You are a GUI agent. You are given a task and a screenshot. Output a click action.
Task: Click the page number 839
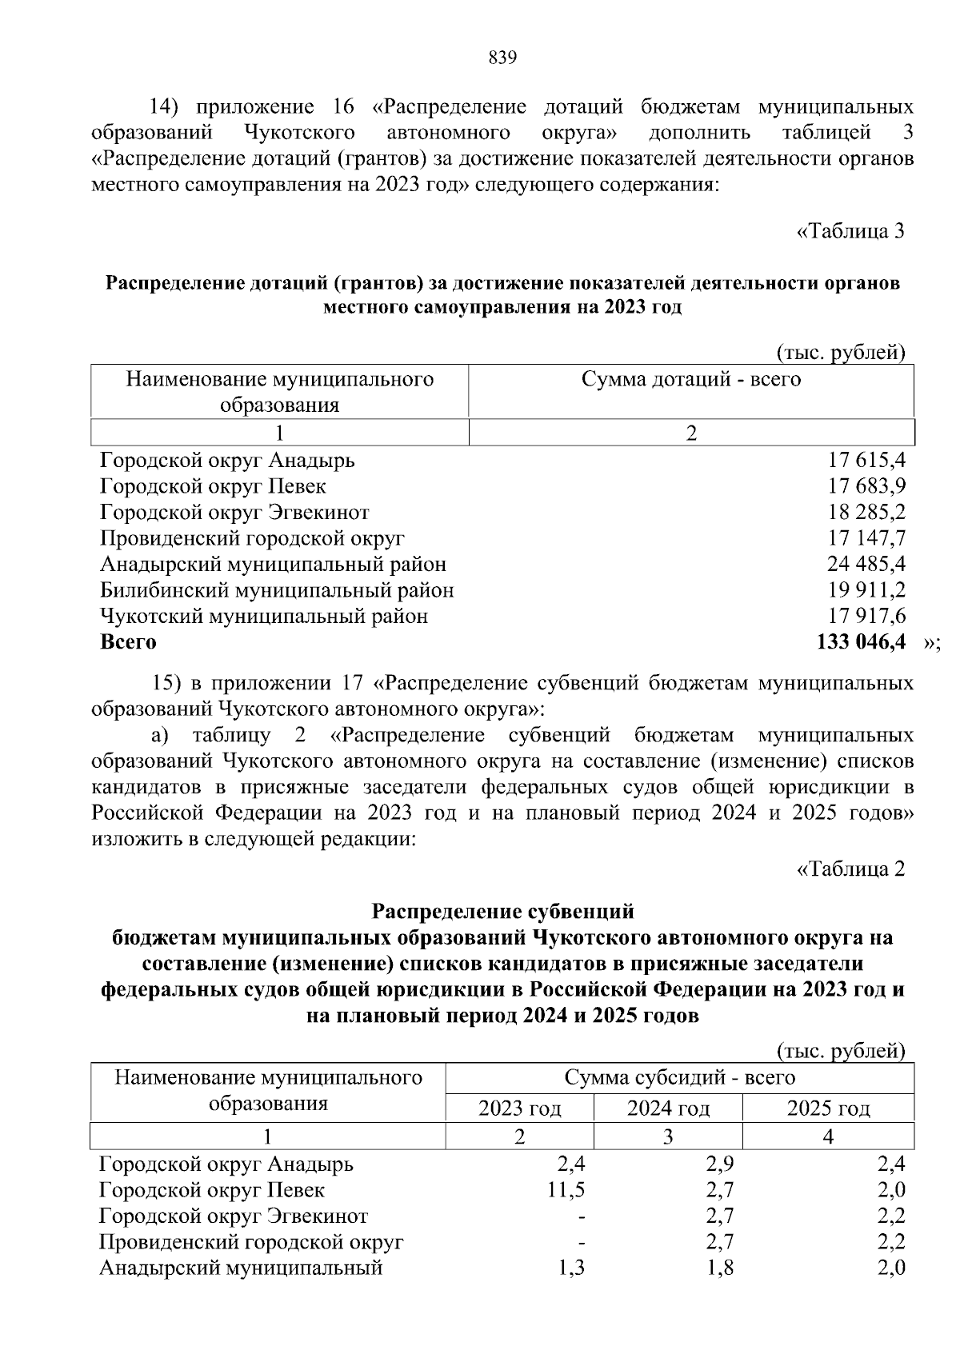click(502, 58)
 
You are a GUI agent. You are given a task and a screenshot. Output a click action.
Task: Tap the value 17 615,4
click(866, 461)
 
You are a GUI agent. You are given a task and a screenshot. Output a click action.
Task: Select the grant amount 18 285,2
click(866, 513)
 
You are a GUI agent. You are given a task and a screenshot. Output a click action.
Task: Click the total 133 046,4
click(860, 642)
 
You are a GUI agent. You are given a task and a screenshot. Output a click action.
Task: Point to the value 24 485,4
click(866, 565)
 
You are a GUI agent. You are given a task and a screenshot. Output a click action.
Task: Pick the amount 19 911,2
click(866, 591)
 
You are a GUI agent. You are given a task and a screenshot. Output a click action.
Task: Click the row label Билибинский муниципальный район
click(277, 591)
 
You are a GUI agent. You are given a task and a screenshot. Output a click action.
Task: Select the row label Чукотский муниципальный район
click(264, 617)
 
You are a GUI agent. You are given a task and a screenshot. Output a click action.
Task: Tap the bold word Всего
click(128, 642)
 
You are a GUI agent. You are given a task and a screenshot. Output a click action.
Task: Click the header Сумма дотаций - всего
click(690, 379)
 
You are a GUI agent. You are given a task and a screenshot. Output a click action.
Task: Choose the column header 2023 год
click(519, 1108)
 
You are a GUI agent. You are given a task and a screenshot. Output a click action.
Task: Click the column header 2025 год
click(828, 1108)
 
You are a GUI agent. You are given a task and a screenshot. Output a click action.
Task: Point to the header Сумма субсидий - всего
click(679, 1078)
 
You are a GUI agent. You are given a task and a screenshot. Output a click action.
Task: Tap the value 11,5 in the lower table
click(566, 1190)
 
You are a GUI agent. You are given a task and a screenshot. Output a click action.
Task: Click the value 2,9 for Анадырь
click(719, 1164)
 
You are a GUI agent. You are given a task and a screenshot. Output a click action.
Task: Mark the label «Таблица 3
click(850, 232)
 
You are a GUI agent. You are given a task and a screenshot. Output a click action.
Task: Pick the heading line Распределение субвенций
click(503, 912)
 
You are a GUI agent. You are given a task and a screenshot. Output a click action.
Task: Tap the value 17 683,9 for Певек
click(866, 486)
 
